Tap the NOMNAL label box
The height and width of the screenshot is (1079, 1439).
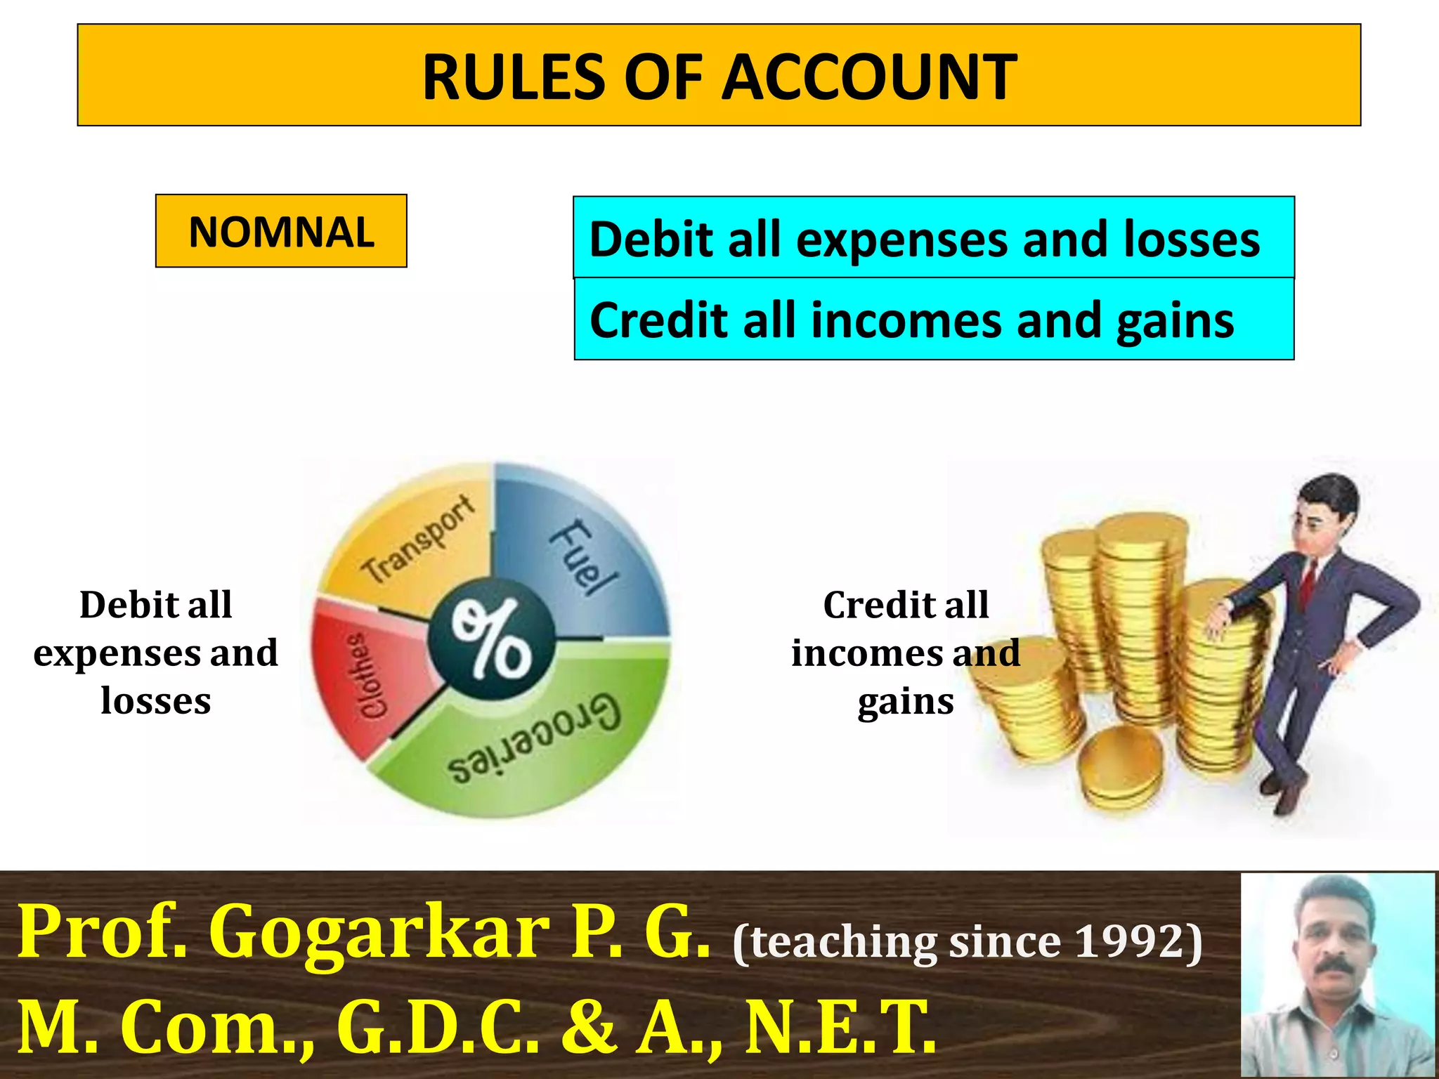(281, 232)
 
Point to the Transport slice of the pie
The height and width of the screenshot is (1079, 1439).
(415, 541)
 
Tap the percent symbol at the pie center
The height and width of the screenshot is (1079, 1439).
(492, 639)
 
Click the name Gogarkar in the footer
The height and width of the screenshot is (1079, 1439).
(379, 933)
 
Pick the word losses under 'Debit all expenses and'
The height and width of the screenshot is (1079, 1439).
(156, 701)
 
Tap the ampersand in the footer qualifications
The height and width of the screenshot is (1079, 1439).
(589, 1027)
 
